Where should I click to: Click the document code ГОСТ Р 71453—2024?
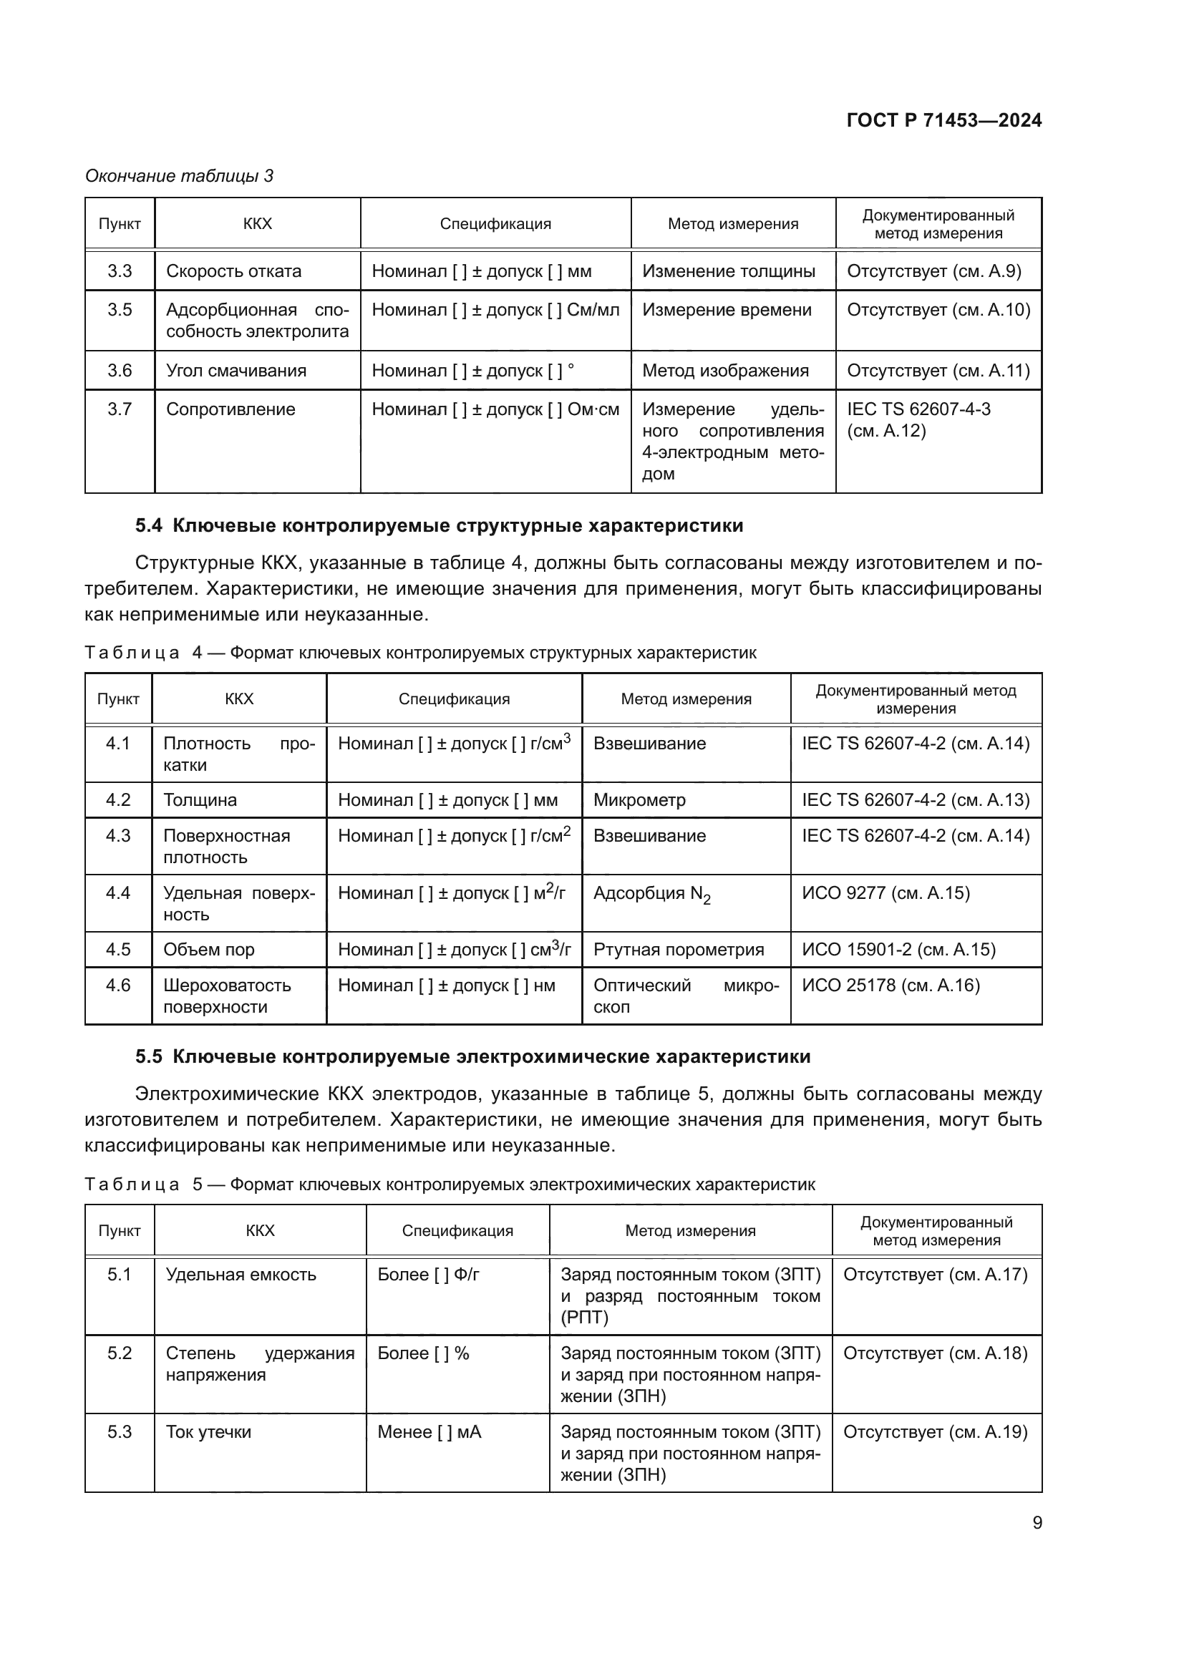pos(943,121)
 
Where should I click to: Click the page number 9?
pos(1037,1523)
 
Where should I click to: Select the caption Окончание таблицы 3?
pos(180,176)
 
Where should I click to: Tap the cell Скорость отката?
pos(233,271)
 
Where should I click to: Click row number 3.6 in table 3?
pos(120,371)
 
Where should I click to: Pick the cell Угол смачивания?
pos(236,371)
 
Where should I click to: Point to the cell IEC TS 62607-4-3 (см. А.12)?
pos(918,419)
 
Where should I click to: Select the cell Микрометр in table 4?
pos(639,800)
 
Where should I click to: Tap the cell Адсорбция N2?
pos(651,894)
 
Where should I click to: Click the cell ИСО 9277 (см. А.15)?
pos(885,893)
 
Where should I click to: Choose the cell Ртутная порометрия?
pos(678,949)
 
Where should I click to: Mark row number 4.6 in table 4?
pos(118,986)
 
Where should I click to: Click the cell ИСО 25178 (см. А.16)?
pos(891,986)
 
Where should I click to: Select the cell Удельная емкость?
pos(241,1275)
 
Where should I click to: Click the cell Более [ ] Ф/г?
pos(428,1275)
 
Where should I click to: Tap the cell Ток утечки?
pos(208,1432)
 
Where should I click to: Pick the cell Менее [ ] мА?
pos(430,1432)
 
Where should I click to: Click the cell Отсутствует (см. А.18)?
pos(935,1353)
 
